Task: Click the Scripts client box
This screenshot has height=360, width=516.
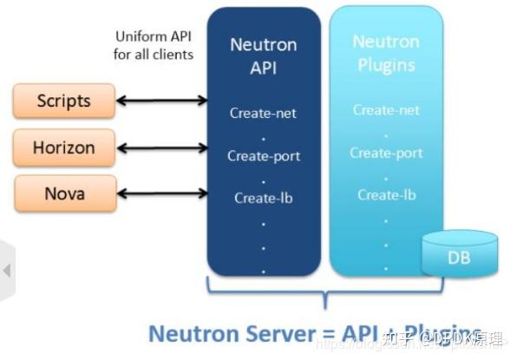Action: [x=63, y=101]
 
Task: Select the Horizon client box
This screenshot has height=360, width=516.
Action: [x=63, y=147]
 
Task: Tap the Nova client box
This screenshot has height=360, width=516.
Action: [x=63, y=193]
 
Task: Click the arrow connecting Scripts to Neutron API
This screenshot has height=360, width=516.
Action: [x=161, y=101]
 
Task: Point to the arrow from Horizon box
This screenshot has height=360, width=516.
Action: [x=161, y=148]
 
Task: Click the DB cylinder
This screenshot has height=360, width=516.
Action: [x=459, y=254]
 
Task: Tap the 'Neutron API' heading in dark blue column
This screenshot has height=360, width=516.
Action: [x=264, y=56]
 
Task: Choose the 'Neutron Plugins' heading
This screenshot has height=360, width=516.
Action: [x=386, y=53]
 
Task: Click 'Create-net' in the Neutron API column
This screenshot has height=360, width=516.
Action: [x=264, y=113]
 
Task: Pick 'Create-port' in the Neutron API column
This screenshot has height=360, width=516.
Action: [x=264, y=156]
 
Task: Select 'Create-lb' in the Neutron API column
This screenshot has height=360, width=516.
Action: [x=264, y=198]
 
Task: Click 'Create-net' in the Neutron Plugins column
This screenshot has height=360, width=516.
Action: [x=386, y=110]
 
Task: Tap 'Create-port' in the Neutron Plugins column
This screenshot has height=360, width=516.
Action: [x=386, y=153]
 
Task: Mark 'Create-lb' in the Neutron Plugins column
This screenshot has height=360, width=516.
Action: [x=386, y=194]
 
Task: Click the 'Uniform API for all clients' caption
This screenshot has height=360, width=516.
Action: [x=154, y=45]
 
